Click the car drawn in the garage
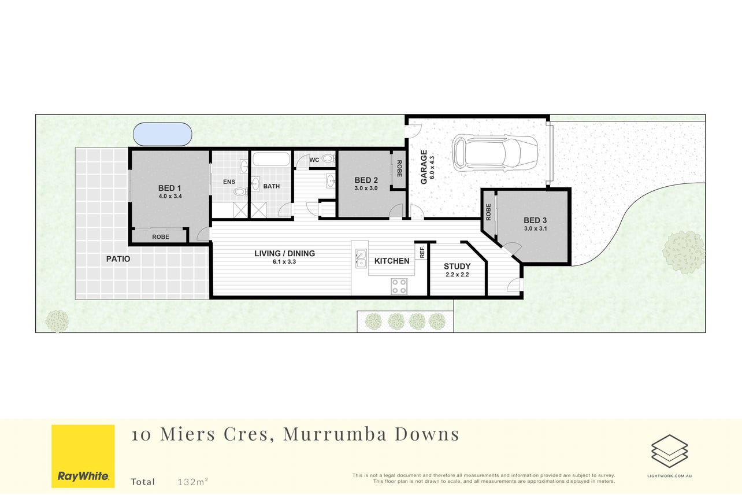tap(495, 153)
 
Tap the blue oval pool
tap(162, 134)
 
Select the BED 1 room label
tap(169, 188)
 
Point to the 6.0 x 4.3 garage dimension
tap(432, 168)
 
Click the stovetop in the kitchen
tap(399, 286)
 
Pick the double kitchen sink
tap(361, 258)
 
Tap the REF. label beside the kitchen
tap(422, 252)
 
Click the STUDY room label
tap(457, 266)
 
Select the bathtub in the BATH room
tap(271, 160)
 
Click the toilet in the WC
tap(328, 158)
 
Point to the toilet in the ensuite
tap(240, 191)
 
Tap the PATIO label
tap(118, 259)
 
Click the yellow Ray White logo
tap(83, 456)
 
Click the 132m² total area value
tap(193, 481)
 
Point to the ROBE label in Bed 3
tap(488, 212)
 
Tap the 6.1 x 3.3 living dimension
tap(284, 261)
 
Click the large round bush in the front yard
tap(684, 252)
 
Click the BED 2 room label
tap(366, 180)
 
